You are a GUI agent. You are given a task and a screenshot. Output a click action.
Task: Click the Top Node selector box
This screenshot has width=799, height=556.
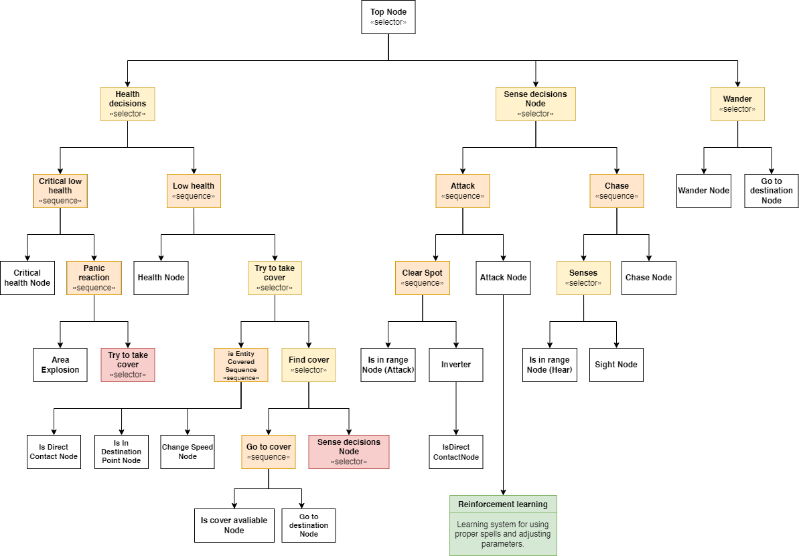(388, 17)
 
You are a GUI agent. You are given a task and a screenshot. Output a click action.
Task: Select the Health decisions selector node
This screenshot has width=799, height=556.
(127, 104)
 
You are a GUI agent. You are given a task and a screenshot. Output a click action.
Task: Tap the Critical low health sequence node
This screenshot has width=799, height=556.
(60, 191)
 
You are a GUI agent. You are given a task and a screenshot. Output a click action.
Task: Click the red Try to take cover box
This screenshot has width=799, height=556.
(128, 365)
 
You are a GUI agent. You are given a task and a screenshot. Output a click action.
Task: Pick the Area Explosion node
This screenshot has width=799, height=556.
(60, 365)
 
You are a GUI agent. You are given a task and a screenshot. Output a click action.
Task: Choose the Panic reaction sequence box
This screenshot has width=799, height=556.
(94, 278)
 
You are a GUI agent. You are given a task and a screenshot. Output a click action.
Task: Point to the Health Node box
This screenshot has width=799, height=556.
(161, 278)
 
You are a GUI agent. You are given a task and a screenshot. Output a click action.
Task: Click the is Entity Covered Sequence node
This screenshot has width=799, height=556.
(241, 365)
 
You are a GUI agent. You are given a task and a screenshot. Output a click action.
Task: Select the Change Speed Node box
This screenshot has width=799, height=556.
(188, 452)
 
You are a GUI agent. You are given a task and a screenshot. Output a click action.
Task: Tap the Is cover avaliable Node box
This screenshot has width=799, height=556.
(234, 525)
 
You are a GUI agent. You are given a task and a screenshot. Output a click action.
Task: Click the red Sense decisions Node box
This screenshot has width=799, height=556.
(349, 452)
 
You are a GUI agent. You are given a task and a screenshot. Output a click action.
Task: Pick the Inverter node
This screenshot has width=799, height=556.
(456, 365)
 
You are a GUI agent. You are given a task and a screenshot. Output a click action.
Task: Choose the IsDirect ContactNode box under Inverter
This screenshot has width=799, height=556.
(456, 452)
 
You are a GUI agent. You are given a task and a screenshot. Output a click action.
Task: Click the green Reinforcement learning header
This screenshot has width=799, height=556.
(504, 504)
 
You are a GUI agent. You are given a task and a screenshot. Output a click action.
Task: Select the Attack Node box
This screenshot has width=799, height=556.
(504, 278)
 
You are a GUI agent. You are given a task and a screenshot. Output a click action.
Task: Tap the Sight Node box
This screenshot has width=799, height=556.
(616, 365)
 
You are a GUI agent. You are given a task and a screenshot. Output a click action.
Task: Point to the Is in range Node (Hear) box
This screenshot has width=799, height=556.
(550, 365)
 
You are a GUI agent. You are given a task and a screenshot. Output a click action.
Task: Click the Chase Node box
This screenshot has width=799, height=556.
(649, 278)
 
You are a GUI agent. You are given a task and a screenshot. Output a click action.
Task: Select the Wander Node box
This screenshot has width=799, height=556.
(704, 191)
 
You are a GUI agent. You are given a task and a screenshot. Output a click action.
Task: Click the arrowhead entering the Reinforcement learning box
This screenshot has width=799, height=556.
(504, 492)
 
